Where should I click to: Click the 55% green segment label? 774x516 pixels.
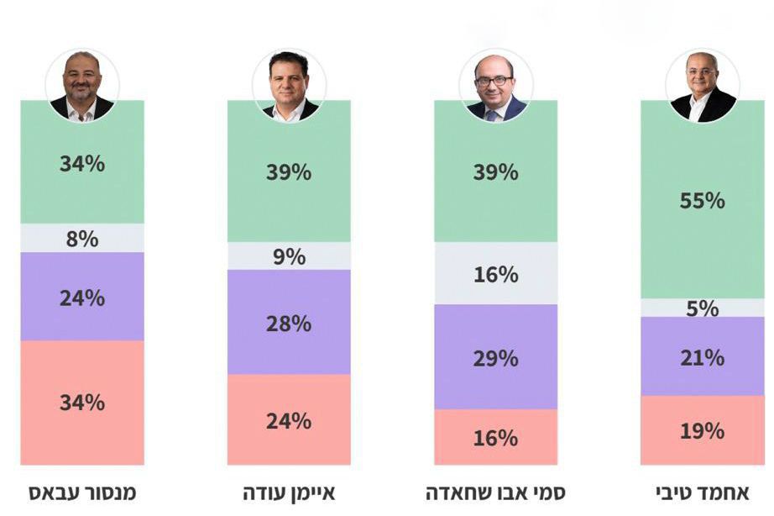(702, 201)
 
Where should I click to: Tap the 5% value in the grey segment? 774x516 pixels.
(702, 308)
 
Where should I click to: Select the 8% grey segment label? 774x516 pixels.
(82, 239)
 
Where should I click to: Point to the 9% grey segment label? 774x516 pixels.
(289, 256)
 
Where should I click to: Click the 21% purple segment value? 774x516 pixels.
(702, 357)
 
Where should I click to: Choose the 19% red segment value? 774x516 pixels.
(702, 431)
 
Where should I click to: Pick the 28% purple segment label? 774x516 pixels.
(289, 323)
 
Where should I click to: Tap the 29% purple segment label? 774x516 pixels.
(495, 358)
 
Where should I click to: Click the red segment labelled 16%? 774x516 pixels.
(495, 438)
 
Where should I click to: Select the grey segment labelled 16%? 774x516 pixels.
(495, 274)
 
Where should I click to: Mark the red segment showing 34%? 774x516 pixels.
(82, 403)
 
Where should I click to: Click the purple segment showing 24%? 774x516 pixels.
(82, 297)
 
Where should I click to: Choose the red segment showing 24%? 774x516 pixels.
(289, 420)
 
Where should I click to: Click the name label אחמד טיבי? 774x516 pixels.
(702, 492)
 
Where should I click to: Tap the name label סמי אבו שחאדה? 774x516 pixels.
(495, 492)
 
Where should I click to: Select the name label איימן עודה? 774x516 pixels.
(289, 492)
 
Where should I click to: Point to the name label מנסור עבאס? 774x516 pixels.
(82, 492)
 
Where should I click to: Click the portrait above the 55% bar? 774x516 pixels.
(702, 86)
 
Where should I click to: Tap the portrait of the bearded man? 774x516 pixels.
(82, 86)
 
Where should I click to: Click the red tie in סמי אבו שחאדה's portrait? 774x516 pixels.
(491, 113)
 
